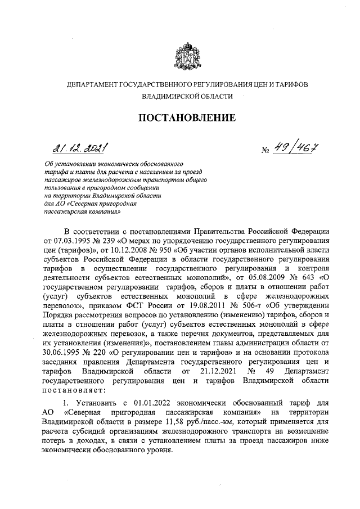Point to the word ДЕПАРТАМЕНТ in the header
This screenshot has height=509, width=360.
tap(90, 84)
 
